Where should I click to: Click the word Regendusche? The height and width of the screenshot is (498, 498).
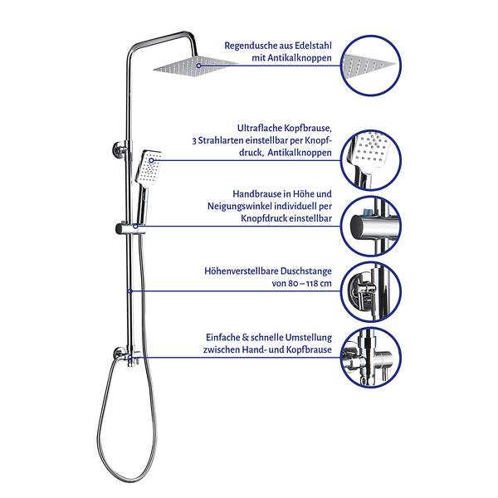[x=251, y=46]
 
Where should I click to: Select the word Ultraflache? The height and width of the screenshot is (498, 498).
[x=260, y=128]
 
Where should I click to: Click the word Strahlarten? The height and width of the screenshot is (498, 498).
[x=218, y=140]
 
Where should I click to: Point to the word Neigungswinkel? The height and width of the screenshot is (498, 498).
[x=240, y=207]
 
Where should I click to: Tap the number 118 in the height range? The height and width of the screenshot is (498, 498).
[x=304, y=283]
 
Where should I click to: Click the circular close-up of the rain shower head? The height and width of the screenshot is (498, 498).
[x=371, y=66]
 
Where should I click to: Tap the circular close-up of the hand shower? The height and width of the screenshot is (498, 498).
[x=371, y=160]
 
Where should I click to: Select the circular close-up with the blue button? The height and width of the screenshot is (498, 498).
[x=371, y=226]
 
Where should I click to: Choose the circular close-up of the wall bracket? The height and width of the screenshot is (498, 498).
[x=371, y=291]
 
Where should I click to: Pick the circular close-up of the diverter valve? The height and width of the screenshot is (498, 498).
[x=371, y=357]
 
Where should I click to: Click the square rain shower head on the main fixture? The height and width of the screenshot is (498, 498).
[x=196, y=66]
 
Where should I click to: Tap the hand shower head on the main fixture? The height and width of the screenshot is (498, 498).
[x=149, y=168]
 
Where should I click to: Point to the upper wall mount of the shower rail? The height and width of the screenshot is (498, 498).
[x=120, y=149]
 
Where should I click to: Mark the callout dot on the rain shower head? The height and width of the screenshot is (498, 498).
[x=199, y=66]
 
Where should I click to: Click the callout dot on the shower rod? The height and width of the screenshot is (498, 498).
[x=130, y=291]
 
